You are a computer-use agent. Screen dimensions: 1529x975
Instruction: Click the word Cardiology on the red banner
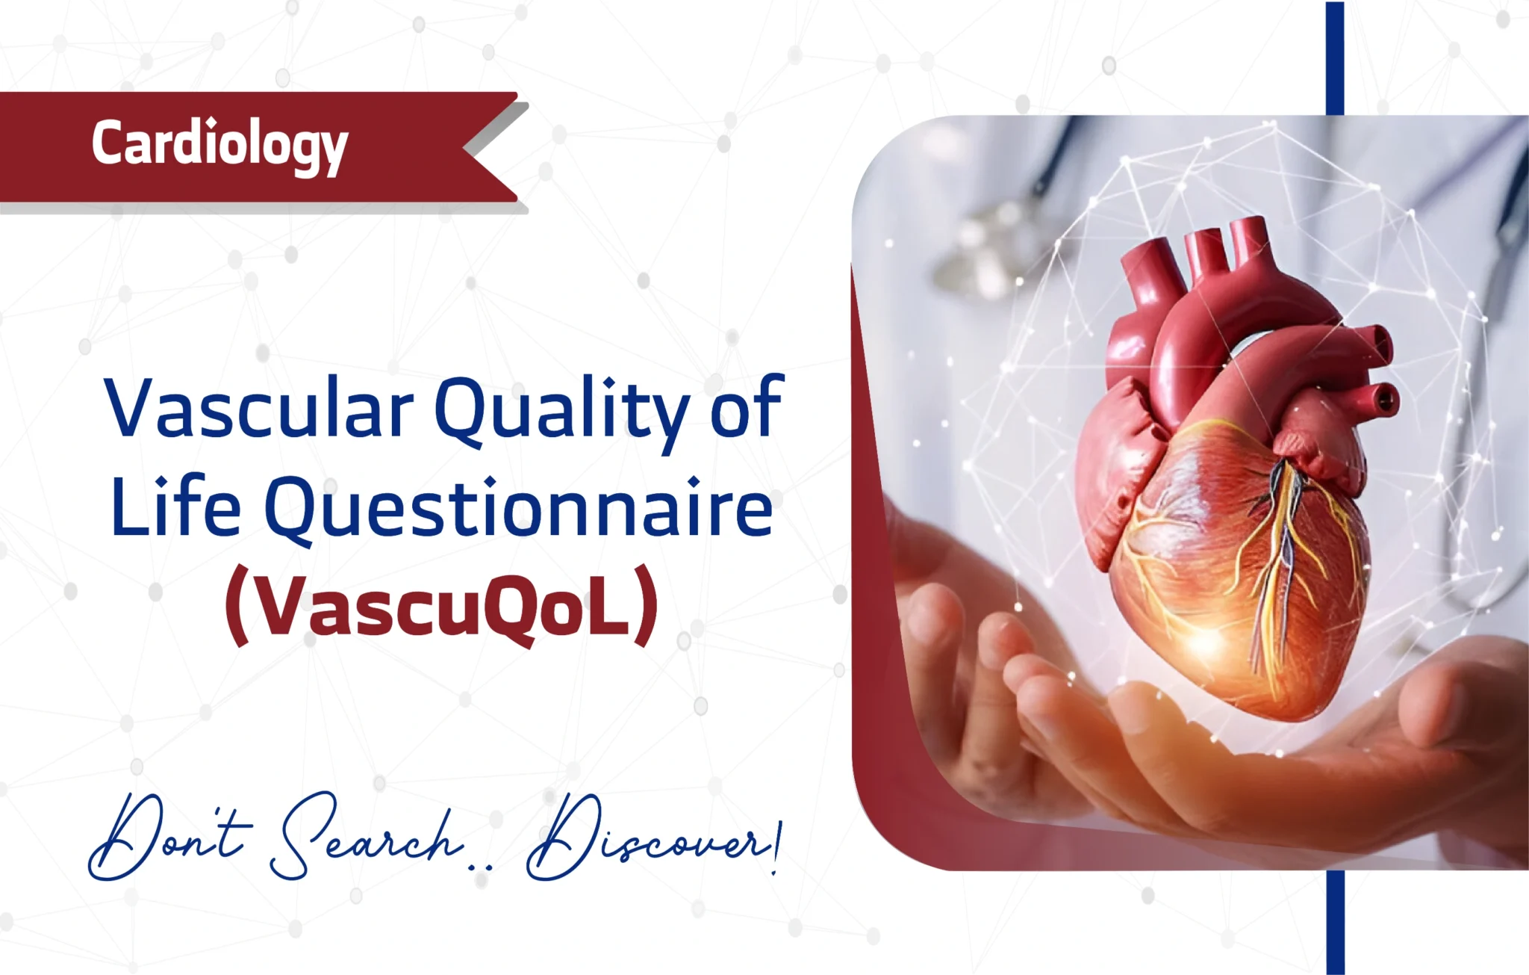click(x=219, y=146)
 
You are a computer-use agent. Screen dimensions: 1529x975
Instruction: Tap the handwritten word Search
click(x=366, y=837)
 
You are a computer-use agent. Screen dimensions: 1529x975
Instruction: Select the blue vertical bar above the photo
click(x=1335, y=58)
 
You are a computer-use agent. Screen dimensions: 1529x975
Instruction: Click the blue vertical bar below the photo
click(x=1335, y=923)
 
